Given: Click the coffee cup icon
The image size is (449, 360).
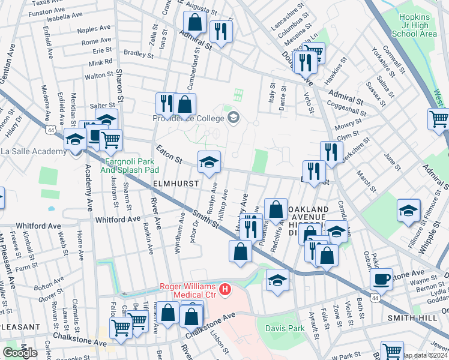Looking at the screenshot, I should tap(381, 280).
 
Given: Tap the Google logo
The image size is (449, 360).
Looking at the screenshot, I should tap(20, 353).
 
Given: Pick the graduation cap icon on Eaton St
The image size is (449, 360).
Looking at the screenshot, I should tap(209, 163).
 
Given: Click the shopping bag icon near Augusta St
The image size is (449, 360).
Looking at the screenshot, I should tap(195, 23).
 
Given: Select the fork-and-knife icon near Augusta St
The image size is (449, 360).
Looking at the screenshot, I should tap(221, 32).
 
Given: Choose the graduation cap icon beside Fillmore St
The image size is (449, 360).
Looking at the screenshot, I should tap(408, 211).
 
